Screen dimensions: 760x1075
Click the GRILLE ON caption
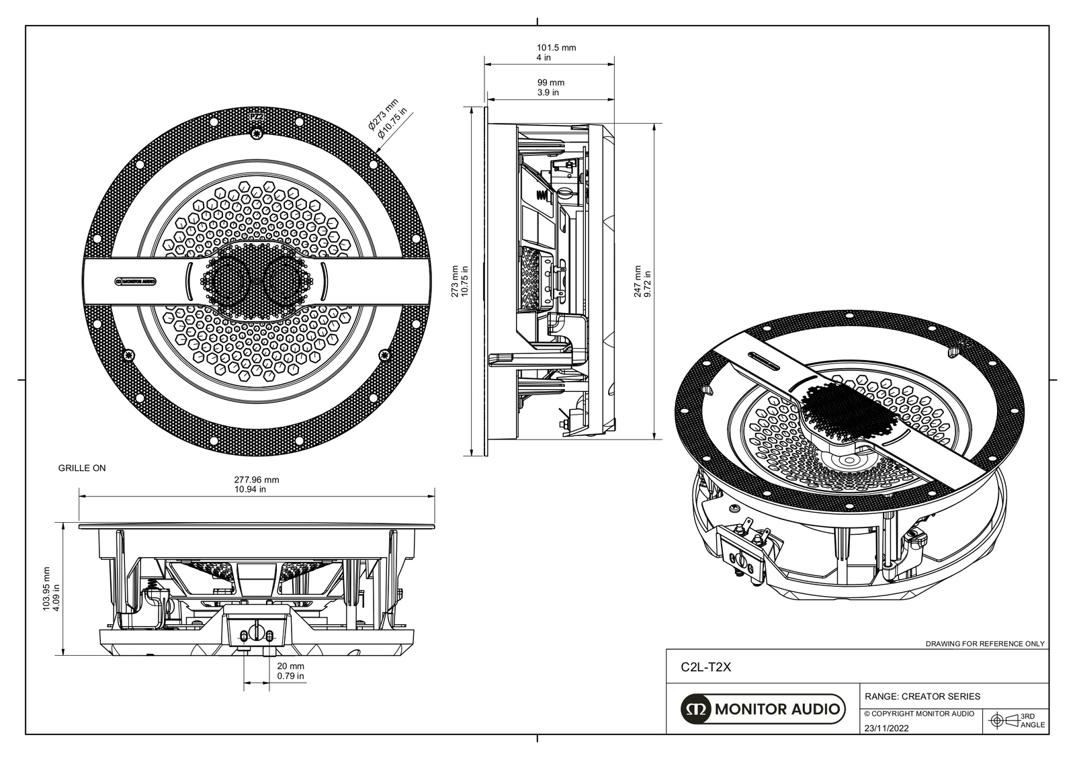[82, 468]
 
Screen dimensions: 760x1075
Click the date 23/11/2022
[886, 728]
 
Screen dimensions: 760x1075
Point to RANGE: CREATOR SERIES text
[922, 696]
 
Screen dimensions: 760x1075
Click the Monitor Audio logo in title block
[763, 709]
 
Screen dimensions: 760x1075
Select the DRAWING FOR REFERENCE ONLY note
[984, 644]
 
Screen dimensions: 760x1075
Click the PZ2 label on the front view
[256, 117]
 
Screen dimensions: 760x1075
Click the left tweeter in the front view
[226, 280]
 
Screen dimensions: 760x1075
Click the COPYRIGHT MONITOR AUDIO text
[918, 714]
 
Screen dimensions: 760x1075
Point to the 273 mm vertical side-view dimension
[459, 281]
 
